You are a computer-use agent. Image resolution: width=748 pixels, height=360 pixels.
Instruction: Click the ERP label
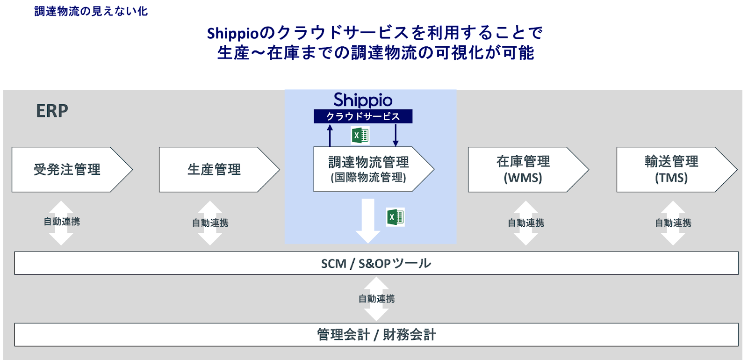(52, 111)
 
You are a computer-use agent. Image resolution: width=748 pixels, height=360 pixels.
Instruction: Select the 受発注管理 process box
(67, 169)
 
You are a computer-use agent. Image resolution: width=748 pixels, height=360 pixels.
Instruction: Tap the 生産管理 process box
(215, 169)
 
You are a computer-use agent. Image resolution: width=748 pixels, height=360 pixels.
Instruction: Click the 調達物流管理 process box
(368, 169)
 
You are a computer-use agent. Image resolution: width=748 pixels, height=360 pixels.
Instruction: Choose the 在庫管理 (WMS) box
(523, 169)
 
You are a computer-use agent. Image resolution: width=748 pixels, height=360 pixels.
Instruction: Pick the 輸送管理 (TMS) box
(671, 169)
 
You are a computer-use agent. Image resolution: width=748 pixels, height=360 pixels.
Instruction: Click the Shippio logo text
(363, 100)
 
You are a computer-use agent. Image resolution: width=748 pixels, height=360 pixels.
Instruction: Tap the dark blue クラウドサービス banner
(363, 116)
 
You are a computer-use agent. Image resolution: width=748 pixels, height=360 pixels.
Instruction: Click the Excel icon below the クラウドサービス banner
(360, 136)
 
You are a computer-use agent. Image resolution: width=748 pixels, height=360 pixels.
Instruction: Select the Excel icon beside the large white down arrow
(395, 217)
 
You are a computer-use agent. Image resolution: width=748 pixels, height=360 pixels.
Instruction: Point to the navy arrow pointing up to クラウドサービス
(330, 135)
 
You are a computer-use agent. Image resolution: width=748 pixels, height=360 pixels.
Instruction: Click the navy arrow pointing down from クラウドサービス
(396, 135)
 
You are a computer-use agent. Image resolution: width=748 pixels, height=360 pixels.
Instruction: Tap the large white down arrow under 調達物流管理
(368, 220)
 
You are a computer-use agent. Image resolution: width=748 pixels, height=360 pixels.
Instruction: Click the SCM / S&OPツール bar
(376, 263)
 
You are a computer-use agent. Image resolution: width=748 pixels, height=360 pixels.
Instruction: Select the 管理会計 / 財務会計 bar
(376, 335)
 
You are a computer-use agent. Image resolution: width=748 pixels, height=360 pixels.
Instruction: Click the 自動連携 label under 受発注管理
(62, 222)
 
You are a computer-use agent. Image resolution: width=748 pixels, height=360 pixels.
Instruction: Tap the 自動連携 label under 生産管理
(210, 223)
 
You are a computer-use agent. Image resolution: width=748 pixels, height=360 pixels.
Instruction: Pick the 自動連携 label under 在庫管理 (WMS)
(526, 223)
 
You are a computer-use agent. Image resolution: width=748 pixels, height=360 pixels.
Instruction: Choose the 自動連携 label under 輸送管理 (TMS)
(673, 223)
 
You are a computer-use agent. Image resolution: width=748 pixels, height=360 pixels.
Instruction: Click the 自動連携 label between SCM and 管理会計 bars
(376, 299)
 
